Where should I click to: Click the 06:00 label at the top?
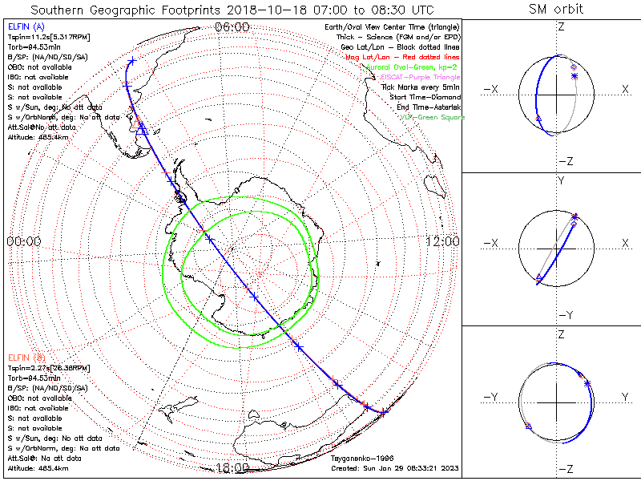coord(232,27)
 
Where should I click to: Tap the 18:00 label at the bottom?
coord(232,467)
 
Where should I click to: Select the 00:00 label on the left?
coord(23,240)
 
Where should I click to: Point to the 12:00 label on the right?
coord(442,240)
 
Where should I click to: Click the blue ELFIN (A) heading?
coord(25,27)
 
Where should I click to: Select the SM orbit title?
coord(556,10)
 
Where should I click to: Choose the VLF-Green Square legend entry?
coord(433,117)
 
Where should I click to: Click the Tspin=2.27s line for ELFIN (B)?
coord(43,367)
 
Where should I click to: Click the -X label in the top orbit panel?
coord(491,90)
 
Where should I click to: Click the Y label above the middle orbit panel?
coord(561,180)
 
